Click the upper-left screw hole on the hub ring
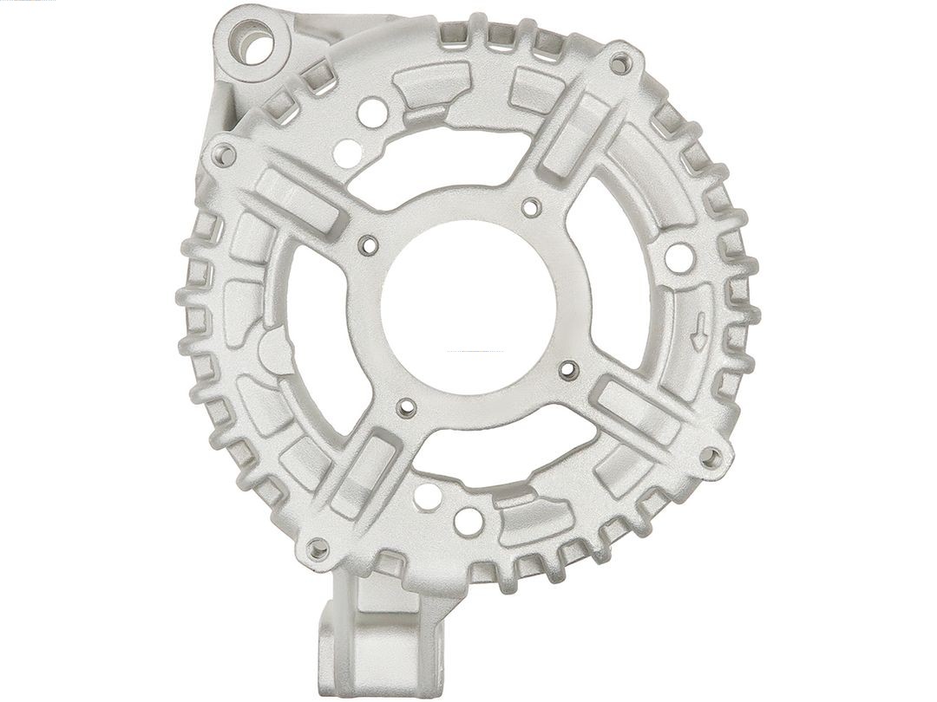coord(370,245)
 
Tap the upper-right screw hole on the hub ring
coord(532,207)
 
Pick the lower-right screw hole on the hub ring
coord(568,370)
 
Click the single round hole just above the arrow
coord(679,256)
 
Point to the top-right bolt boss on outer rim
coord(619,63)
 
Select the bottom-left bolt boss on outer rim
coord(318,549)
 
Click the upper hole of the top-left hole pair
coord(372,111)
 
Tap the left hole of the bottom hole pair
coord(427,496)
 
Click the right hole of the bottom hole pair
coord(468,521)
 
